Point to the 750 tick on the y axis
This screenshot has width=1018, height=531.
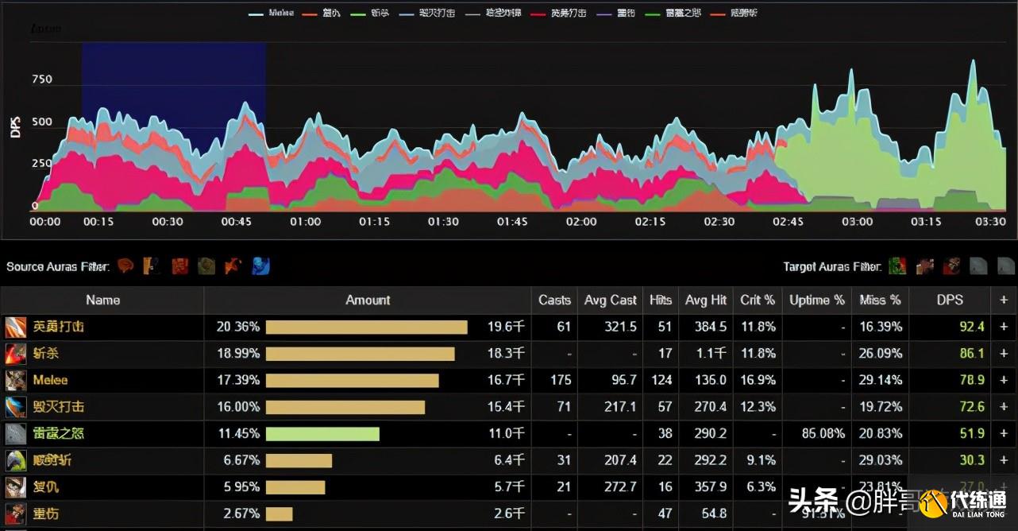click(x=41, y=79)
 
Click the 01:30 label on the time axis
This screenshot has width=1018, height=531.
click(x=443, y=222)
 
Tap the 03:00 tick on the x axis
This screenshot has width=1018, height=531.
click(x=857, y=222)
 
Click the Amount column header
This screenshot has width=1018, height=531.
click(x=368, y=300)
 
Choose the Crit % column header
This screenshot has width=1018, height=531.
click(x=758, y=300)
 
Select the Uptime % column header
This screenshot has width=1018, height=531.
click(x=817, y=300)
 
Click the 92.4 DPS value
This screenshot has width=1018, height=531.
click(x=972, y=327)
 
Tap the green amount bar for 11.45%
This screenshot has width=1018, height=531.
click(x=322, y=434)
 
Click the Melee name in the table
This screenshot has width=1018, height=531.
click(x=50, y=381)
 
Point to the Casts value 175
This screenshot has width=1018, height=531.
click(x=561, y=381)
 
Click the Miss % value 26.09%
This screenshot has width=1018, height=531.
click(x=881, y=353)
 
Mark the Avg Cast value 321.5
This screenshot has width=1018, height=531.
click(x=621, y=327)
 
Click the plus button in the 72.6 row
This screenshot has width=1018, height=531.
click(x=1004, y=407)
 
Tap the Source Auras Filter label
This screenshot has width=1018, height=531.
click(x=58, y=266)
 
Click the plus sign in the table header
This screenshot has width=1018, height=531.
click(x=1004, y=300)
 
